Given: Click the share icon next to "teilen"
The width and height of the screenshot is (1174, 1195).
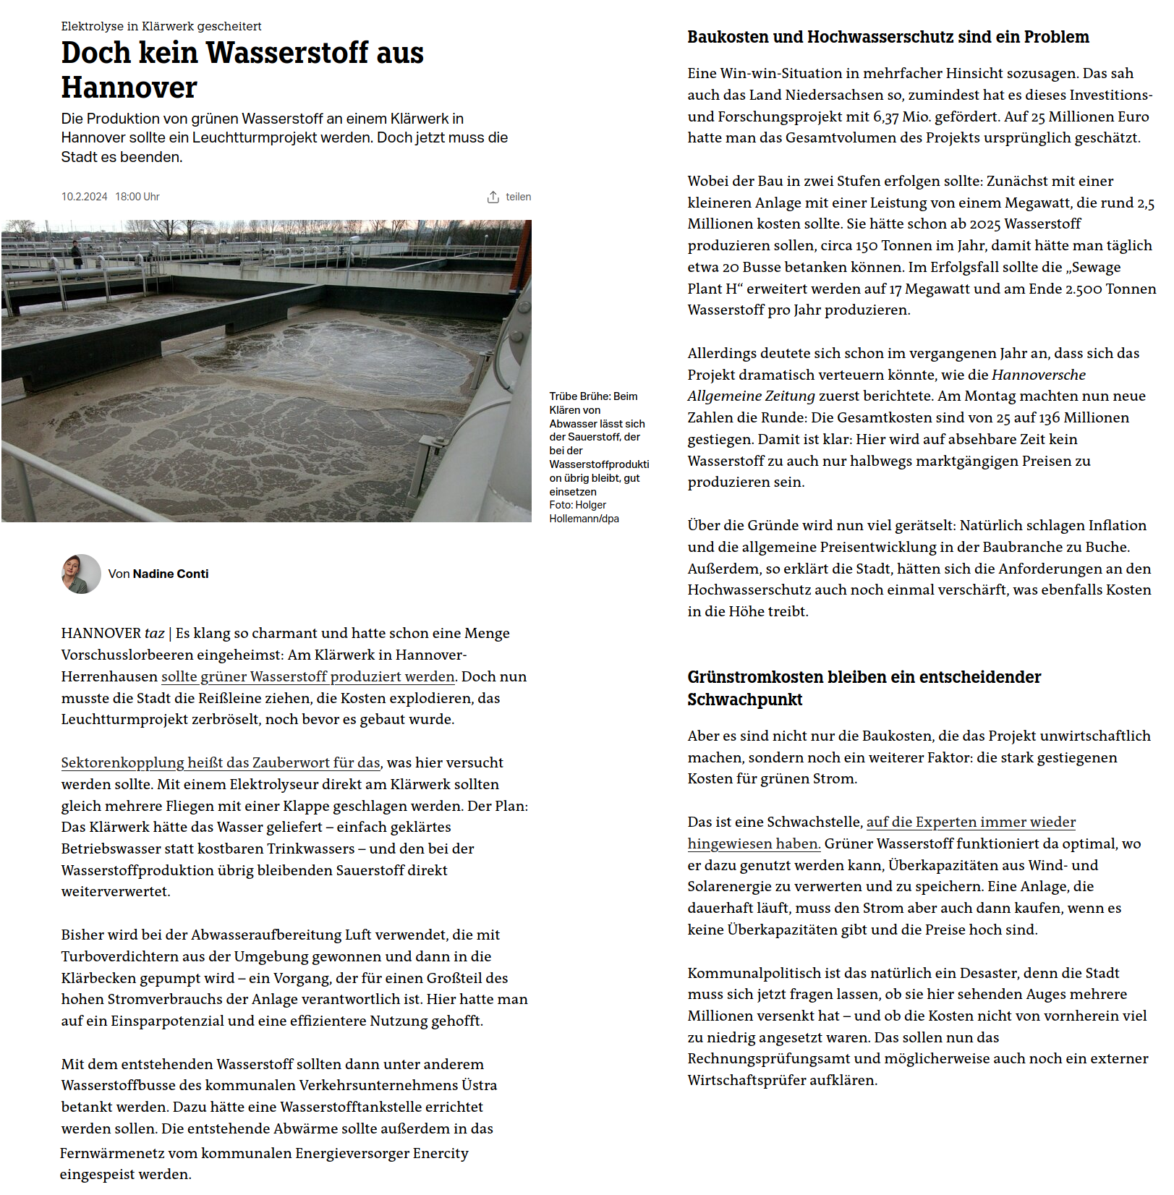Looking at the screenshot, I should coord(493,197).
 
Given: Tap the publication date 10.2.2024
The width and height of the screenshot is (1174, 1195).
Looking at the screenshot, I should coord(84,197).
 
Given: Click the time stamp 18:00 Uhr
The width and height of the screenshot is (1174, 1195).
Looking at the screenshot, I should coord(137,197).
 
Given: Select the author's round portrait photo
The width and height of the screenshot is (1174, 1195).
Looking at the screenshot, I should coord(81,574).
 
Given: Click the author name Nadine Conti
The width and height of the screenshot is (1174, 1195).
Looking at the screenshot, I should coord(171,574).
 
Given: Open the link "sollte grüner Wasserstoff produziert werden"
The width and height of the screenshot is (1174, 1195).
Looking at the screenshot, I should coord(307,677).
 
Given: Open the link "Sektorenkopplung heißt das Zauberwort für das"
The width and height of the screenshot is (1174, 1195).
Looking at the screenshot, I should coord(221,763).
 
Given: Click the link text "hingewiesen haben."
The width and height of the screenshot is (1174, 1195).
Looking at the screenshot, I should coord(754,844).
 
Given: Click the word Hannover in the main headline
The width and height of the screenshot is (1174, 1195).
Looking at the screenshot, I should coord(129,88).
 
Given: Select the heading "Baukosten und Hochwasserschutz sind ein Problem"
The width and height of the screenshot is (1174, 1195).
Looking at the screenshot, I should coord(888,38).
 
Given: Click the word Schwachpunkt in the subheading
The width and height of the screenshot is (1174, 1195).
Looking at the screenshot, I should coord(744,700).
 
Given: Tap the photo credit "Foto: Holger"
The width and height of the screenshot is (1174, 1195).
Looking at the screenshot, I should coord(577,506).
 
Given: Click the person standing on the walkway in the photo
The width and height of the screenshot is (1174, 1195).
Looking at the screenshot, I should coord(76,254).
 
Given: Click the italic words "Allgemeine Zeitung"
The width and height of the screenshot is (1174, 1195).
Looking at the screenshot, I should coord(751,396).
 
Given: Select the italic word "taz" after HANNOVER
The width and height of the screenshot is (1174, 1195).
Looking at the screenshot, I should coord(154,634).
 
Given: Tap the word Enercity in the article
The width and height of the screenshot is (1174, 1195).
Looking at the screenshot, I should coord(441,1154).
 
